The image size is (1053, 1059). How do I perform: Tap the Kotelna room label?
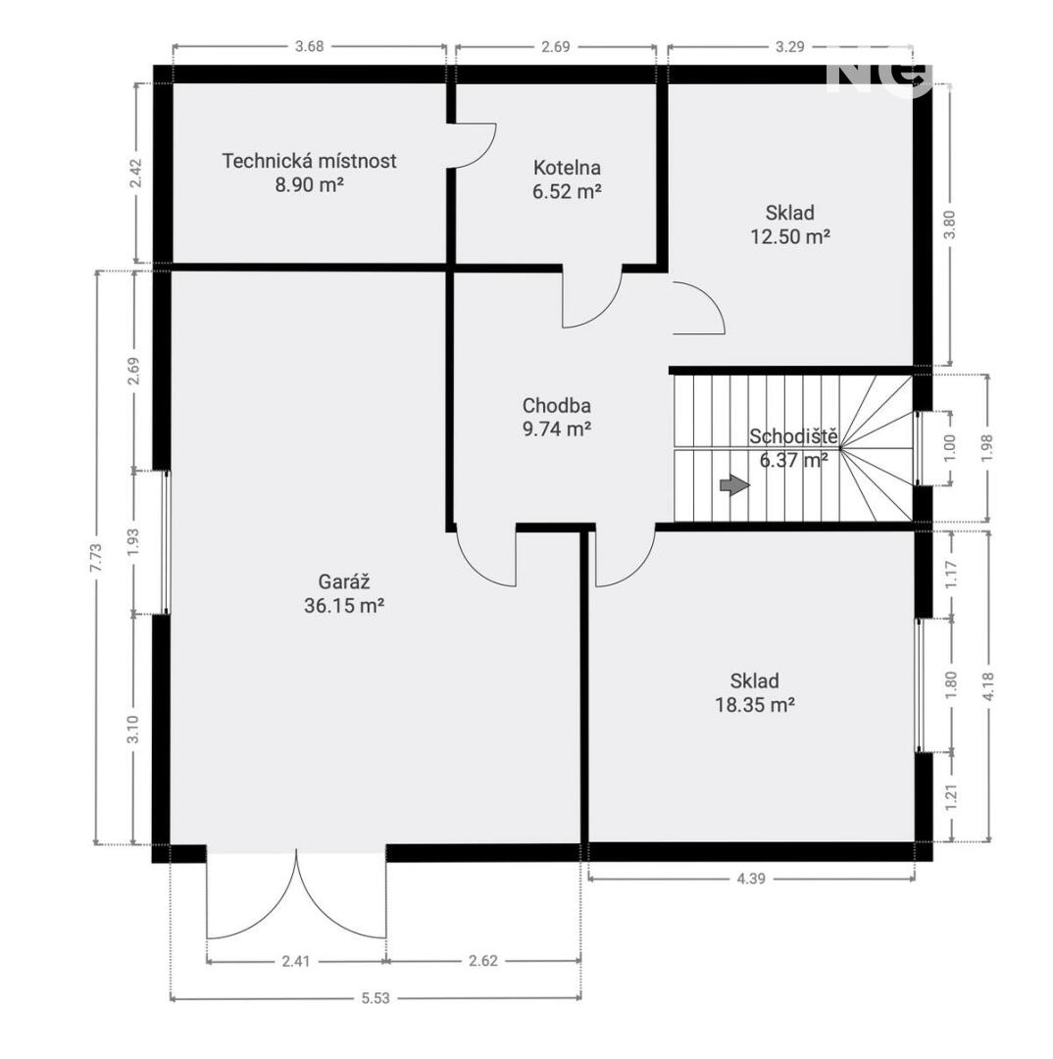(567, 168)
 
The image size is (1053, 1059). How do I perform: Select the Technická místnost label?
(310, 161)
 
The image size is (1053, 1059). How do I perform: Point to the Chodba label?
(557, 405)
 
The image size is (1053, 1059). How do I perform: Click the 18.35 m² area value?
(755, 705)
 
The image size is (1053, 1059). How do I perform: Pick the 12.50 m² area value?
(789, 237)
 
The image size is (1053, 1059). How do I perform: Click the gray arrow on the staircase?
(735, 485)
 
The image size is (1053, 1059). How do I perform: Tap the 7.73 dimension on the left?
(96, 558)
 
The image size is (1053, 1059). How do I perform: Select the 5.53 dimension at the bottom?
(375, 997)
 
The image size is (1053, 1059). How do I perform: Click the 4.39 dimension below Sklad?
(751, 878)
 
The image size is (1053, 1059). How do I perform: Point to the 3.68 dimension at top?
(310, 46)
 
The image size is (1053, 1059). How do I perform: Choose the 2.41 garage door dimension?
(296, 960)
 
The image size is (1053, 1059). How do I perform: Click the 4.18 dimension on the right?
(989, 686)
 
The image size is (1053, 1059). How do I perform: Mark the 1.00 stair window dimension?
(950, 448)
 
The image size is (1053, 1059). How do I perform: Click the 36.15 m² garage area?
(344, 606)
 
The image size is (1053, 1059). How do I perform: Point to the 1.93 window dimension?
(133, 542)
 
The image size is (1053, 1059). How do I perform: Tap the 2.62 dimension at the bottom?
(483, 960)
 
